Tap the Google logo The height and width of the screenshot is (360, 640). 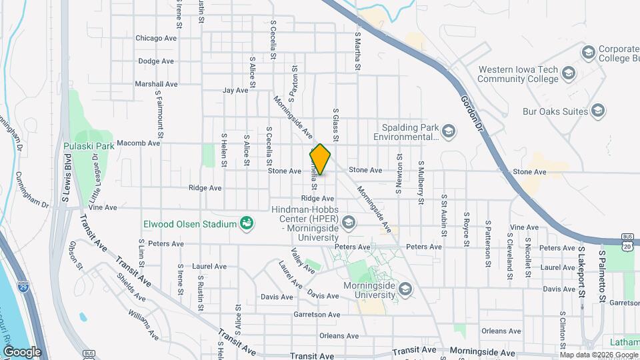pyautogui.click(x=21, y=351)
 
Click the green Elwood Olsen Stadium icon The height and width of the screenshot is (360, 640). pyautogui.click(x=247, y=223)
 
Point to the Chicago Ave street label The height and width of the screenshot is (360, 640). pyautogui.click(x=156, y=38)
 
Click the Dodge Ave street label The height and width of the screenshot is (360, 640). pyautogui.click(x=156, y=61)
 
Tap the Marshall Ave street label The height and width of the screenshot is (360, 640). pyautogui.click(x=156, y=85)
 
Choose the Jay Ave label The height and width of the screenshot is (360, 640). pyautogui.click(x=235, y=90)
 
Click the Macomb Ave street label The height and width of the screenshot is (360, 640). pyautogui.click(x=138, y=143)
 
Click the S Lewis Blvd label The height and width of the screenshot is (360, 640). pyautogui.click(x=67, y=181)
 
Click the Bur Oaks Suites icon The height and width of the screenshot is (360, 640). pyautogui.click(x=598, y=111)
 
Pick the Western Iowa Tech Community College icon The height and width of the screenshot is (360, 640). pyautogui.click(x=569, y=73)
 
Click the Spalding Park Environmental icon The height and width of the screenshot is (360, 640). pyautogui.click(x=449, y=131)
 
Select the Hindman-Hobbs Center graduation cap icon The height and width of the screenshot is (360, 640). pyautogui.click(x=347, y=222)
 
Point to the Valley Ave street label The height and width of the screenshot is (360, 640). pyautogui.click(x=303, y=261)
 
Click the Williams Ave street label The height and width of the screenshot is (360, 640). pyautogui.click(x=144, y=323)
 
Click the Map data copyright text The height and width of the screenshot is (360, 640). pyautogui.click(x=599, y=355)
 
